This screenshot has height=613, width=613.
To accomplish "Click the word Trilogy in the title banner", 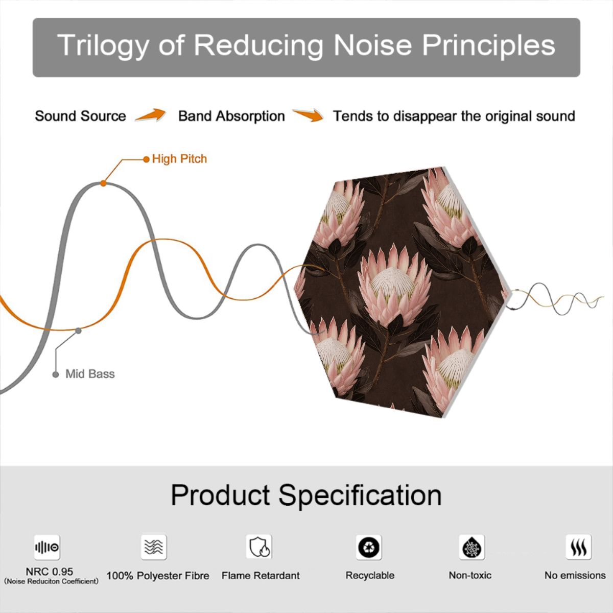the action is point(102,46).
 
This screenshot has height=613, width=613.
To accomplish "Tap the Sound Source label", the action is point(81,116).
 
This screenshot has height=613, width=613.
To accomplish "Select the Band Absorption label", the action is point(231,116).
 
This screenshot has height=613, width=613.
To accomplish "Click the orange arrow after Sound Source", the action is point(151,115).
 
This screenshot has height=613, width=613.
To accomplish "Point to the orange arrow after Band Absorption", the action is point(308,115).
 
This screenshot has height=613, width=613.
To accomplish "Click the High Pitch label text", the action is point(179,159).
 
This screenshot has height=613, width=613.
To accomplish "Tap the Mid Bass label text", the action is point(90,374).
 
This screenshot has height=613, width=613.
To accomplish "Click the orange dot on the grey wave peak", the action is point(103,183).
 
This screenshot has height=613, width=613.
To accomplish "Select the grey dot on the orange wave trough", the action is point(78,331).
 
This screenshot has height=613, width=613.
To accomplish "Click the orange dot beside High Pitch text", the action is point(146,159).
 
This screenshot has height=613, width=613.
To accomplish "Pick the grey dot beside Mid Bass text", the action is point(56,374).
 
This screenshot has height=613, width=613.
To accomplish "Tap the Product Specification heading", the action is point(306,495).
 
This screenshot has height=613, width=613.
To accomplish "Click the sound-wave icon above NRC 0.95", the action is point(47,547).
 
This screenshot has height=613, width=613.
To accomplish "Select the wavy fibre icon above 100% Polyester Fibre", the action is point(154,547).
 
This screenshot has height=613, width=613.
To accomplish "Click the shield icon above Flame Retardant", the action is point(259,547).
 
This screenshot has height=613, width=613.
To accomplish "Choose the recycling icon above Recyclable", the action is point(369,547).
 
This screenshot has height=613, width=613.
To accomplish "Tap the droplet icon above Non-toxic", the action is point(472,547).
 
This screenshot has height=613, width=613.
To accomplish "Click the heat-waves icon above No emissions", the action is point(579,547).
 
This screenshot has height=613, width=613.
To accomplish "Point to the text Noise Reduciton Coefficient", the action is point(51,581).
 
